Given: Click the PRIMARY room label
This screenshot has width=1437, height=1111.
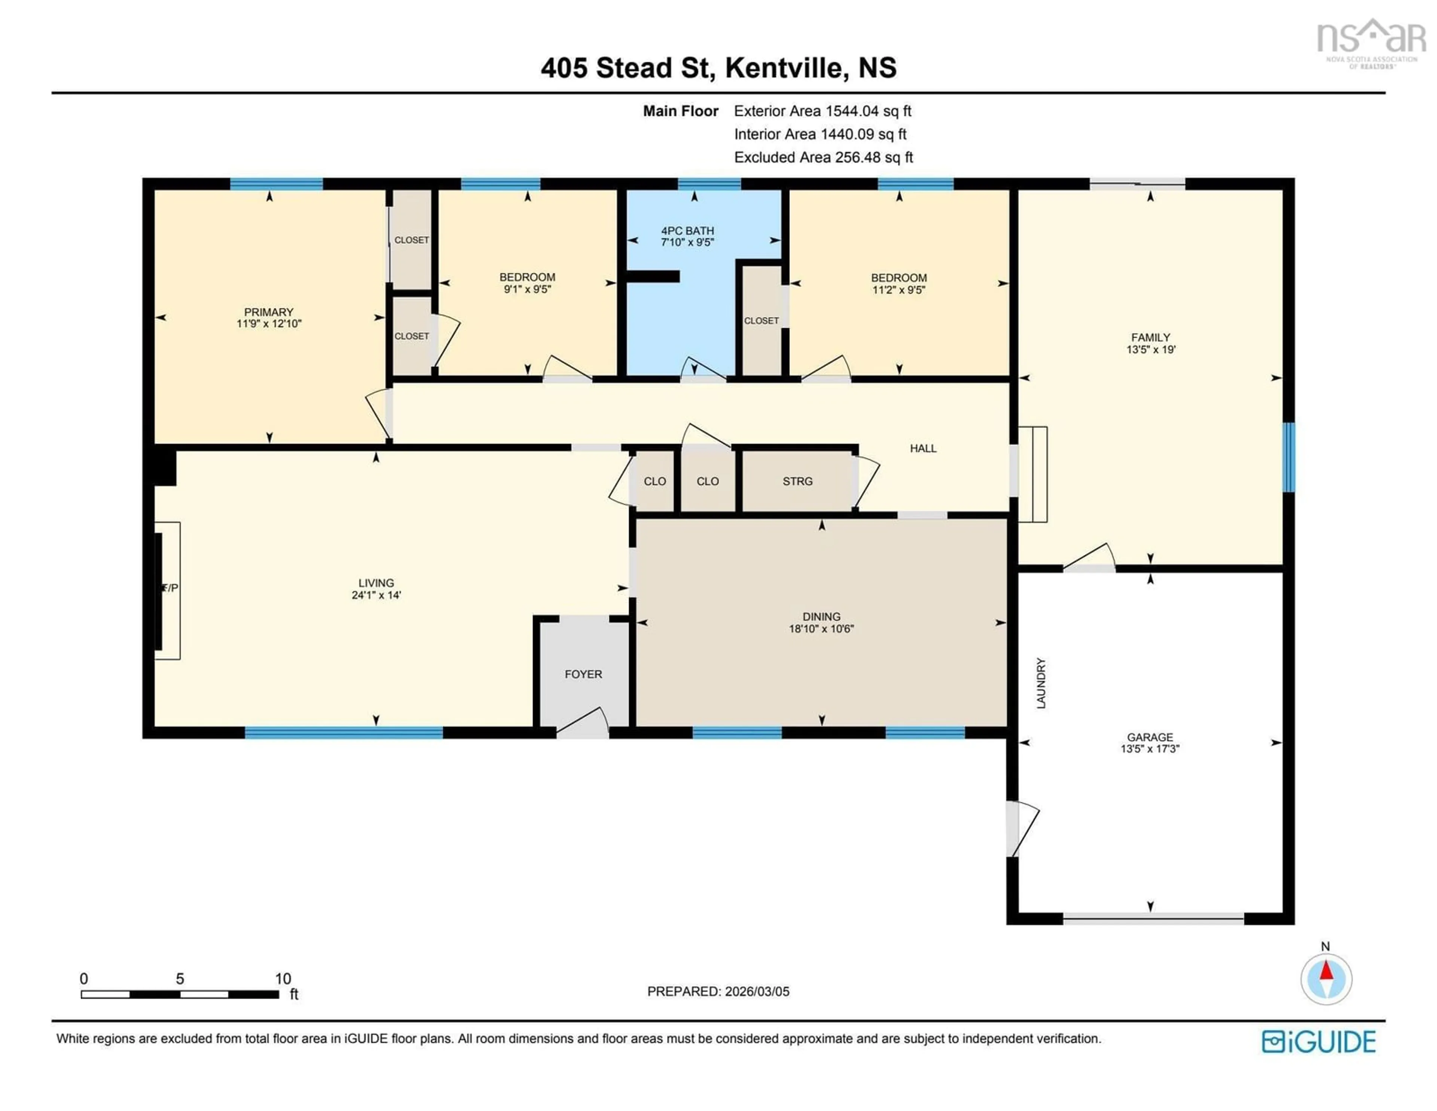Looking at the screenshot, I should pyautogui.click(x=268, y=312).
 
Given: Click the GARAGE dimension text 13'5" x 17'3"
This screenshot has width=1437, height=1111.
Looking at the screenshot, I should pyautogui.click(x=1150, y=748).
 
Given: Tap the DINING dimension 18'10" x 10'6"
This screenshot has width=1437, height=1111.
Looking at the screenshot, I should pyautogui.click(x=821, y=629).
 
